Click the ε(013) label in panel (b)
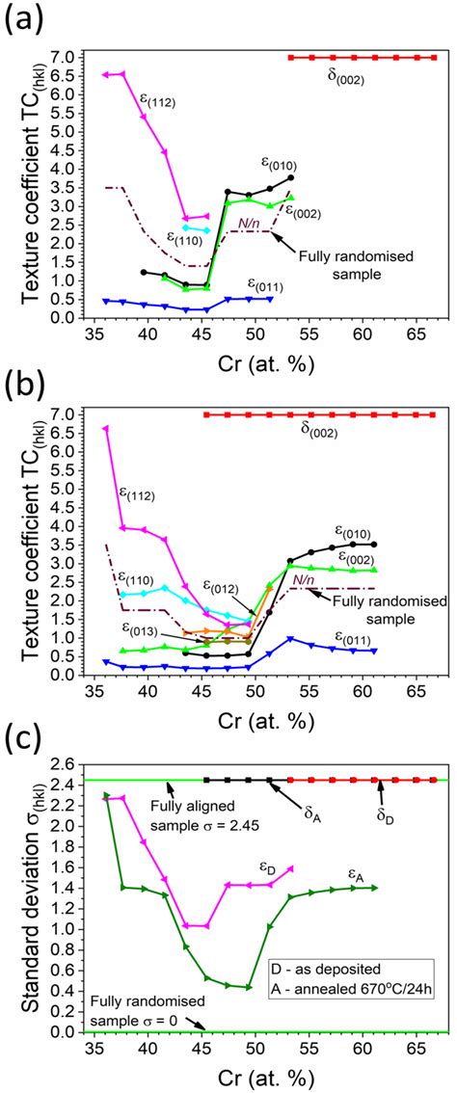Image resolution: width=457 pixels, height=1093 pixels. [x=141, y=628]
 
